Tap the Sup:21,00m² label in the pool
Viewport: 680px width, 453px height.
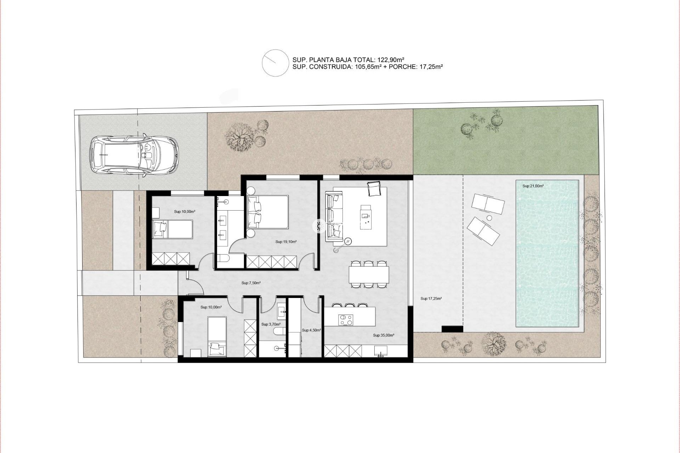pyautogui.click(x=533, y=186)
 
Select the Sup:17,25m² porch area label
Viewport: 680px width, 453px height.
pyautogui.click(x=431, y=298)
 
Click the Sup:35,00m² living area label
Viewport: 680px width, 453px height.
pyautogui.click(x=384, y=335)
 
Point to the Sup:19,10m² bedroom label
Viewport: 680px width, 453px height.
pyautogui.click(x=286, y=242)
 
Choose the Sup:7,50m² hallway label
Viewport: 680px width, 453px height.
pyautogui.click(x=251, y=283)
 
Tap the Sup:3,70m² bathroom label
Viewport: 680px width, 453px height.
pyautogui.click(x=271, y=324)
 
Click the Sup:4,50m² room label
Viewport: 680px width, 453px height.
pyautogui.click(x=311, y=330)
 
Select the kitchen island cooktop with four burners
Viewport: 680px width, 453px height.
pyautogui.click(x=346, y=320)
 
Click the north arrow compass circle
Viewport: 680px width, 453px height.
pyautogui.click(x=275, y=63)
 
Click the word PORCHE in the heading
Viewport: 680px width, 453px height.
pyautogui.click(x=401, y=67)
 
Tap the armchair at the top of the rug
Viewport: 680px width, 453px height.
pyautogui.click(x=374, y=188)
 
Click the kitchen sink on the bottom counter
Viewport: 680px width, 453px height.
pyautogui.click(x=381, y=351)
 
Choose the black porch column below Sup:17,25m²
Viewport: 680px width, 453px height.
pyautogui.click(x=452, y=328)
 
